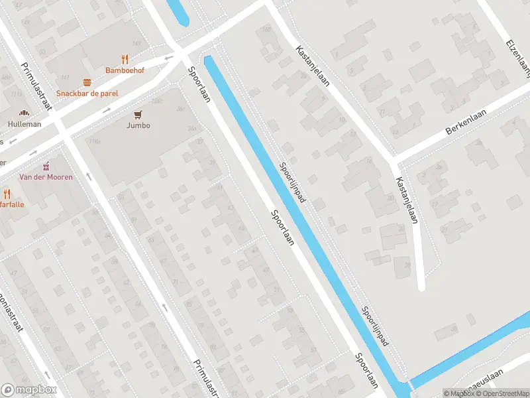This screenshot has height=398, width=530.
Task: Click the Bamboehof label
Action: (x=125, y=70)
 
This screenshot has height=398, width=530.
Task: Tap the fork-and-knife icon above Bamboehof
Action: (x=125, y=59)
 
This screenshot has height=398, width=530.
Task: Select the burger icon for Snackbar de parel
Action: (x=87, y=83)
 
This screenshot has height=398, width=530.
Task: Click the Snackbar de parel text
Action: (x=87, y=94)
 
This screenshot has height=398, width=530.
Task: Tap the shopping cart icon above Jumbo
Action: (x=139, y=115)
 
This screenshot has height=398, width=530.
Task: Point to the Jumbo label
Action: (x=139, y=125)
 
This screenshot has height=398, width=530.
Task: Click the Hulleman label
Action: (x=25, y=124)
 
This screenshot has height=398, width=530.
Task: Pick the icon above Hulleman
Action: (x=25, y=113)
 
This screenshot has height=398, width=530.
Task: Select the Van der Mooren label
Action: (x=46, y=177)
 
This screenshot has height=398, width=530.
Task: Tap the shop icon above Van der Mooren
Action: (x=46, y=166)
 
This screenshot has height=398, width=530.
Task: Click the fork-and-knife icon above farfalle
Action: (x=7, y=194)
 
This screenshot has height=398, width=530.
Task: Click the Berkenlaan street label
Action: (x=466, y=123)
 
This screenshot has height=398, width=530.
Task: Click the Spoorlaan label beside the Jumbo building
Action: (x=198, y=84)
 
